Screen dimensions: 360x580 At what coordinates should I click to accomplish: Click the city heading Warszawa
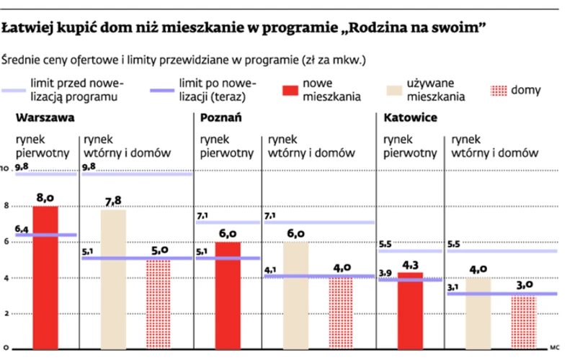click(40, 118)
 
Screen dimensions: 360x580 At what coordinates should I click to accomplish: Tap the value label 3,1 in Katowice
click(454, 287)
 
